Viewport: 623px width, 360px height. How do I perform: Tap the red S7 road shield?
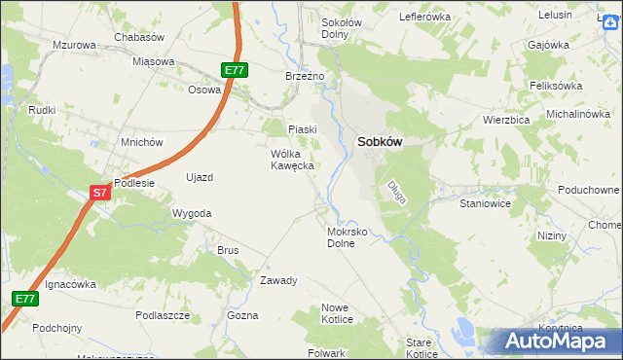click(99, 193)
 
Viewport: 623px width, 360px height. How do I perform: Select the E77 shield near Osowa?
click(235, 70)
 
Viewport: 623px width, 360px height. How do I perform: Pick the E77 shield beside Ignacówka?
click(26, 299)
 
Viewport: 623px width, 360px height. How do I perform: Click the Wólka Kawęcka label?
click(292, 160)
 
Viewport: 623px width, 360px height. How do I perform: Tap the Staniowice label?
click(485, 205)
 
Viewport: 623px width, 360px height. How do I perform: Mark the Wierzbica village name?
click(505, 120)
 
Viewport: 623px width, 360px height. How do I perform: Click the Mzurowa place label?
click(74, 46)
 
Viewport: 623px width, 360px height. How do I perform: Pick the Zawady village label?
click(277, 280)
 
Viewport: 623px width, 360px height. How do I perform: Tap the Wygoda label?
click(192, 212)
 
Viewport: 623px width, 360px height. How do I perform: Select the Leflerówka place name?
click(425, 17)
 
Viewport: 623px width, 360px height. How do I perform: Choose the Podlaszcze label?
click(163, 315)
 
